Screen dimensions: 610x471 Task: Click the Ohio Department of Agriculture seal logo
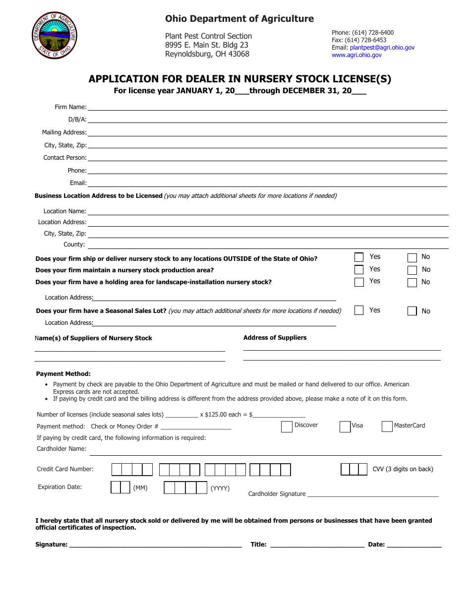click(x=55, y=36)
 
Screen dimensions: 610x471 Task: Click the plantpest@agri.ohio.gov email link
click(x=382, y=48)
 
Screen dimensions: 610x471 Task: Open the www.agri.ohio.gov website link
click(x=356, y=55)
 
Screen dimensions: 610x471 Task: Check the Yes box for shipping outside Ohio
click(x=359, y=257)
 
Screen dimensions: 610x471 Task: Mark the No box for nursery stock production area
click(x=412, y=270)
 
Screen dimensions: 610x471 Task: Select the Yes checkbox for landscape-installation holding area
click(x=359, y=282)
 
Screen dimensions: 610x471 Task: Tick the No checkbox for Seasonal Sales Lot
click(x=412, y=311)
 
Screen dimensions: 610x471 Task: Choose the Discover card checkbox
click(x=287, y=427)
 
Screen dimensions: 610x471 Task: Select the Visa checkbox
click(x=345, y=427)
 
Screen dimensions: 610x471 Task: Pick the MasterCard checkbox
click(x=387, y=427)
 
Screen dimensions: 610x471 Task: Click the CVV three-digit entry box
click(x=354, y=469)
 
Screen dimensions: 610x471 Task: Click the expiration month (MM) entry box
click(x=120, y=488)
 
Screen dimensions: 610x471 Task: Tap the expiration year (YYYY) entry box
click(x=185, y=488)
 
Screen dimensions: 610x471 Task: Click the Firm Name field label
click(x=70, y=107)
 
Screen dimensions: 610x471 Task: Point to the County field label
click(x=74, y=244)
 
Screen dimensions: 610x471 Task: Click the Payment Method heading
click(x=63, y=374)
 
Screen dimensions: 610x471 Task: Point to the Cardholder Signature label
click(x=277, y=494)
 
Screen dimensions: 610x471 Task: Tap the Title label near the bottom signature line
click(x=258, y=545)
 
